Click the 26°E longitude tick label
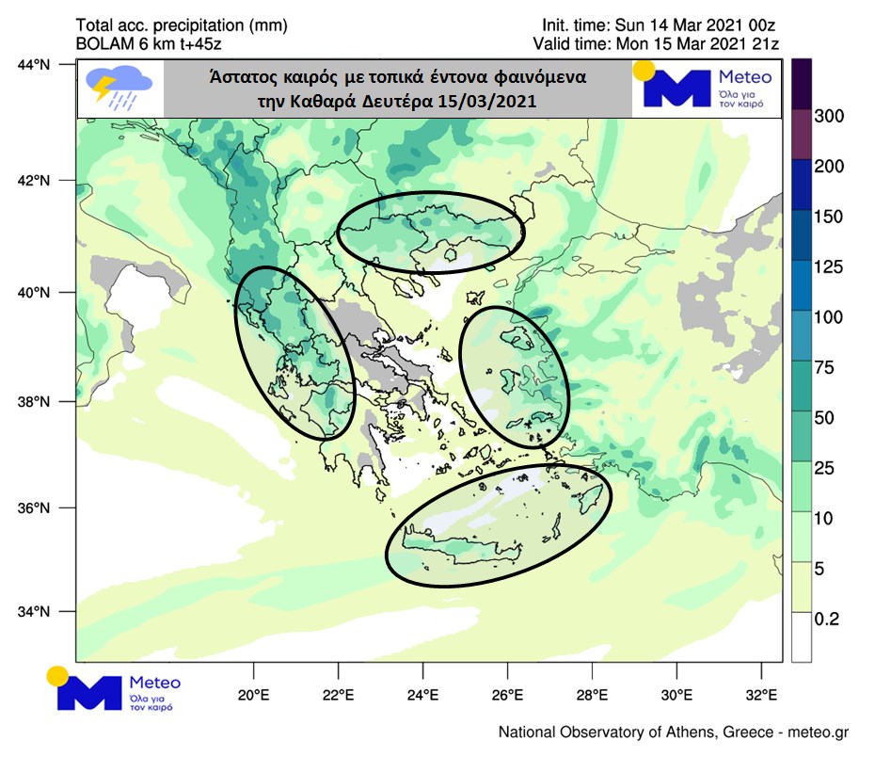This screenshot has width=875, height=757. (x=507, y=698)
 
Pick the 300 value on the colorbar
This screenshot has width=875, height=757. (x=830, y=116)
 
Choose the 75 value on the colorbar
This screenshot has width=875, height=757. (x=826, y=367)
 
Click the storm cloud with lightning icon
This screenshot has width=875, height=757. (x=119, y=89)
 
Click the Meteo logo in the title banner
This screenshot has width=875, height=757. (x=707, y=89)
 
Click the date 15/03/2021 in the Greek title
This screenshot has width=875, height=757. (x=481, y=102)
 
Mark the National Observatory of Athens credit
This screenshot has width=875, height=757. (x=674, y=733)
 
